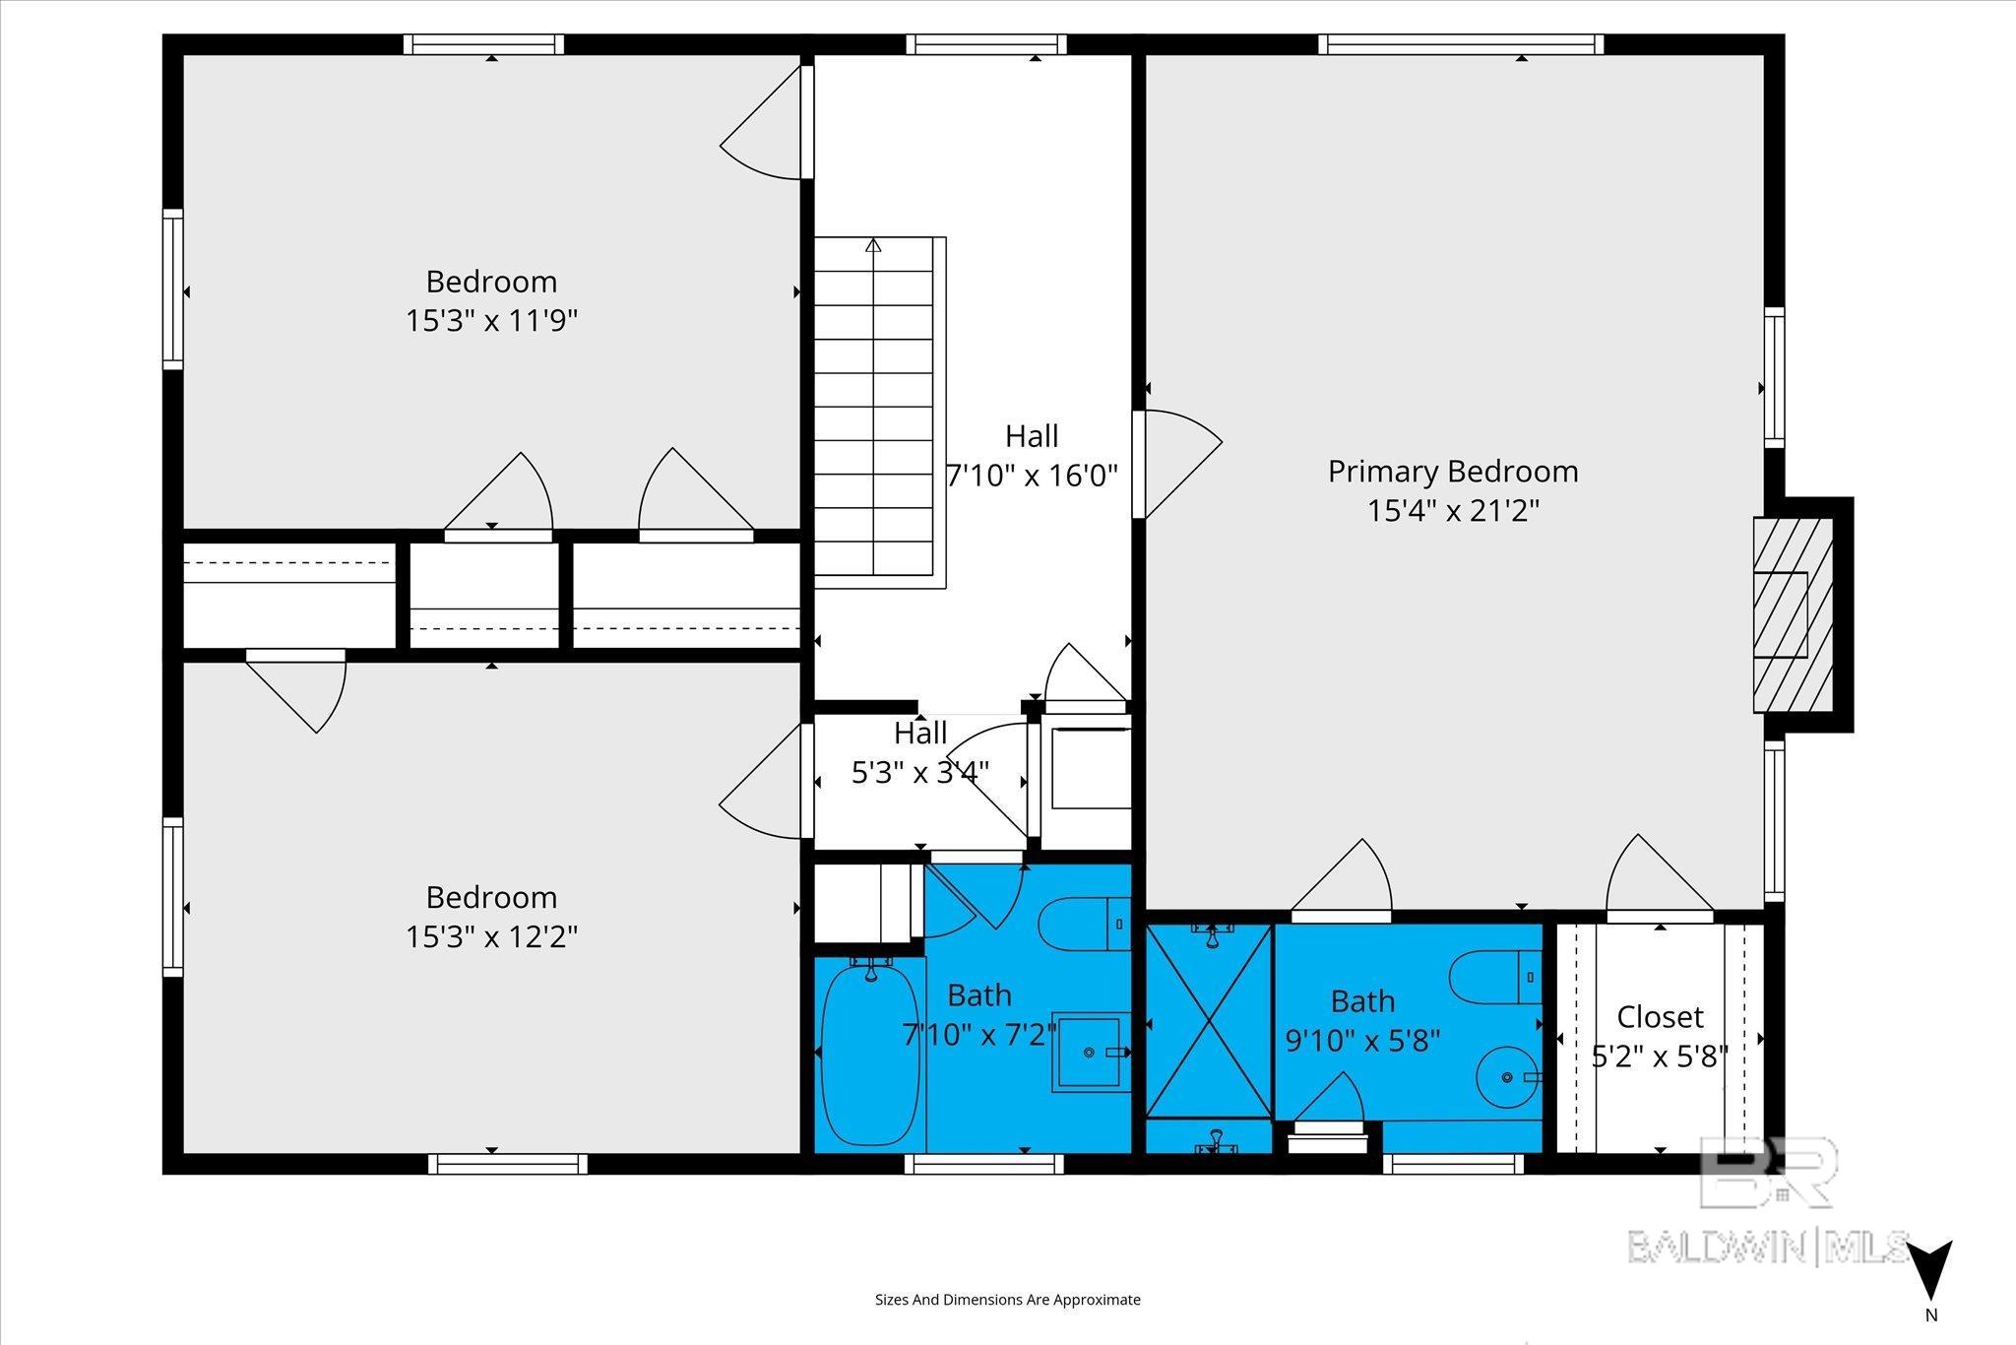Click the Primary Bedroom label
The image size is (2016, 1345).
(1453, 472)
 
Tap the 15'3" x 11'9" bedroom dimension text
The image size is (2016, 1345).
(491, 321)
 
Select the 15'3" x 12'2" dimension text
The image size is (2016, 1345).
(491, 936)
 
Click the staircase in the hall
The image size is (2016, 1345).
(879, 412)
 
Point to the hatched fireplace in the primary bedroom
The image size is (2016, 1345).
(1793, 614)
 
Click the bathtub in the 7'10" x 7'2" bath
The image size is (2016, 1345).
(869, 1054)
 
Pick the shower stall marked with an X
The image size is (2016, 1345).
(1210, 1020)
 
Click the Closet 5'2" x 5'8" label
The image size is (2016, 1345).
(1661, 1036)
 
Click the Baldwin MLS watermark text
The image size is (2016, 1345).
(1768, 1247)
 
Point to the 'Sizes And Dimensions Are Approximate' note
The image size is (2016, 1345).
(1008, 1300)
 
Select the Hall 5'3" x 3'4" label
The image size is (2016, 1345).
(920, 752)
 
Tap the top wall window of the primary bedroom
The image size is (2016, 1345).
(1461, 44)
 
